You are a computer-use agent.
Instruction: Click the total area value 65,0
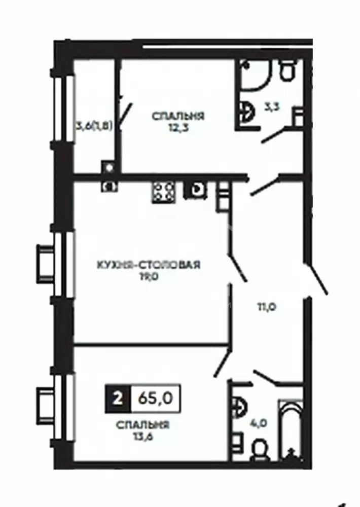pyautogui.click(x=155, y=399)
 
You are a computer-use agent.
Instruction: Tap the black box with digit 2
pyautogui.click(x=118, y=399)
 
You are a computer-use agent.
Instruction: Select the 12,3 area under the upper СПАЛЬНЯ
pyautogui.click(x=177, y=128)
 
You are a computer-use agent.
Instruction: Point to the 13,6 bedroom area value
pyautogui.click(x=142, y=437)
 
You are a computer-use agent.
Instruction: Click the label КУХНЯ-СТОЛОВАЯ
pyautogui.click(x=149, y=265)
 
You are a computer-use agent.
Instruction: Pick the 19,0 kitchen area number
pyautogui.click(x=149, y=277)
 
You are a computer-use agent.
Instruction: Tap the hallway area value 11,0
pyautogui.click(x=266, y=307)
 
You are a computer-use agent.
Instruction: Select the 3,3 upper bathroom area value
pyautogui.click(x=272, y=106)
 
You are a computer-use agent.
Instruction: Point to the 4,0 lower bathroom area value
pyautogui.click(x=259, y=423)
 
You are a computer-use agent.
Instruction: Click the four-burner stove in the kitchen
pyautogui.click(x=164, y=192)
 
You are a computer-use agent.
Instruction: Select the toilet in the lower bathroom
pyautogui.click(x=259, y=451)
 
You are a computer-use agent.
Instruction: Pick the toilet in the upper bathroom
pyautogui.click(x=287, y=70)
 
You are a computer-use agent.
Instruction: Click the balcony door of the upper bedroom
pyautogui.click(x=126, y=115)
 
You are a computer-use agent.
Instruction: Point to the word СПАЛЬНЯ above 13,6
pyautogui.click(x=142, y=424)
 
